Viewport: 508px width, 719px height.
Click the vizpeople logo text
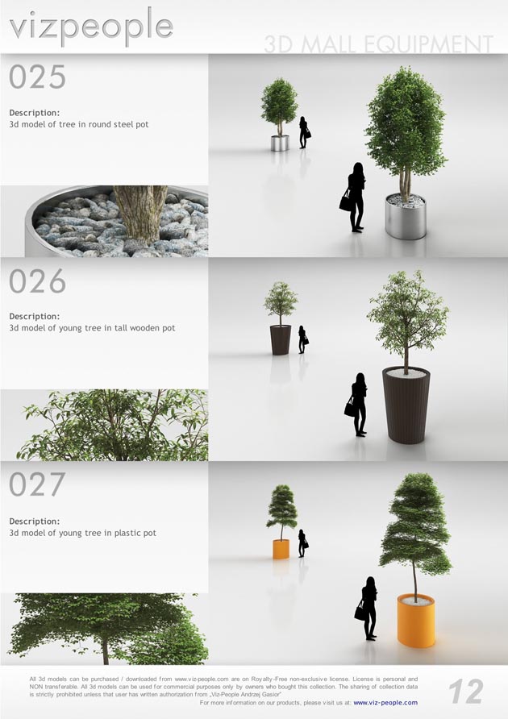coord(91,27)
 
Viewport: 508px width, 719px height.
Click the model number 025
coord(37,77)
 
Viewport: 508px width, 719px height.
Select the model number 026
coord(37,281)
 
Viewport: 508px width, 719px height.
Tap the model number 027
coord(37,484)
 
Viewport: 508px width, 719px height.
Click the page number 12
coord(466,692)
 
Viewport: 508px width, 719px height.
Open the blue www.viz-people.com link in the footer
coord(385,703)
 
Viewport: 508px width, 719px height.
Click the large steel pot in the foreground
coord(406,215)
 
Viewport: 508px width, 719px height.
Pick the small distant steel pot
coord(280,143)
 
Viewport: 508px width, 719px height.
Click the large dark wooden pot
coord(406,405)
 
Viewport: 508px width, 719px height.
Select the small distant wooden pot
coord(281,340)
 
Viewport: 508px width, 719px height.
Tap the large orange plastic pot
coord(416,621)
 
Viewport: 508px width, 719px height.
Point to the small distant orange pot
coord(281,550)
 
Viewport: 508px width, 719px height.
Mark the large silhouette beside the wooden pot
coord(358,405)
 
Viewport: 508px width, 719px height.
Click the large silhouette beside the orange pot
coord(369,609)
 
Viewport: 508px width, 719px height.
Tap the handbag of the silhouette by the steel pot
coord(345,202)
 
